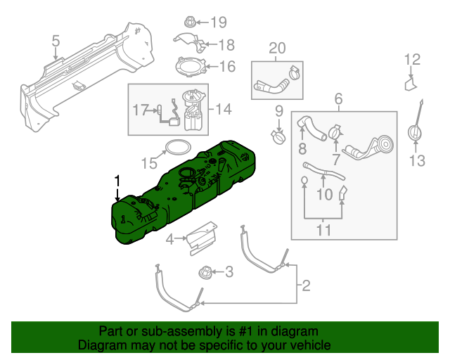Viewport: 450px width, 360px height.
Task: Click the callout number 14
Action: pyautogui.click(x=223, y=109)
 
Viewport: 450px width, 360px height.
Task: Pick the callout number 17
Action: pyautogui.click(x=141, y=109)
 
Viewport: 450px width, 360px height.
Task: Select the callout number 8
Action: pyautogui.click(x=302, y=149)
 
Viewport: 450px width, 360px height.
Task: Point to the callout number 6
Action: pyautogui.click(x=338, y=99)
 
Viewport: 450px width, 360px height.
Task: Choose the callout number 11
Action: pyautogui.click(x=323, y=229)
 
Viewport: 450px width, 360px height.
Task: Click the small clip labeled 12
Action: pyautogui.click(x=410, y=84)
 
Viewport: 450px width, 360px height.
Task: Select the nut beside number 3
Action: pyautogui.click(x=205, y=271)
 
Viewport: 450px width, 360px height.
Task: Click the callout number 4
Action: pyautogui.click(x=169, y=240)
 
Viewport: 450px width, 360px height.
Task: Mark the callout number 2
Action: pyautogui.click(x=306, y=285)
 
